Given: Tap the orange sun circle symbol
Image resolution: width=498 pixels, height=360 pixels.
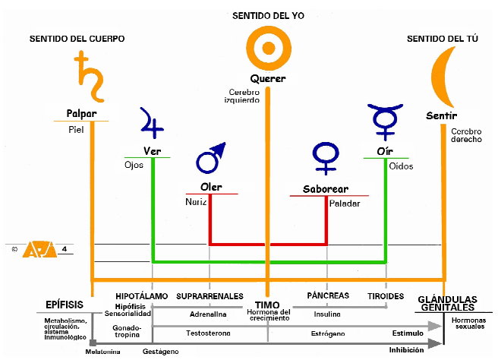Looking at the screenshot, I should coord(267,49).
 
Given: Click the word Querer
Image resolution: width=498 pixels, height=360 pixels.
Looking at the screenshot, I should coord(267,79).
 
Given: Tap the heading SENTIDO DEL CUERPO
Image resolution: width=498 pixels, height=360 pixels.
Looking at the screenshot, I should coord(77,39).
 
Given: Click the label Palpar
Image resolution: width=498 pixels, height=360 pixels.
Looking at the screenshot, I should coord(81,114).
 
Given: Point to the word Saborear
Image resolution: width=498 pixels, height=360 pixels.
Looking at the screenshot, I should coord(326,187).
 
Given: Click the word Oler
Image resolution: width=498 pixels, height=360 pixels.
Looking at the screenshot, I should coord(210,186).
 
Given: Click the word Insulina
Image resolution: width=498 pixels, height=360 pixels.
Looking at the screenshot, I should coord(328,314).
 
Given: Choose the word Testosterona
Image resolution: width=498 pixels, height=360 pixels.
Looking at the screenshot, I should coord(209,333).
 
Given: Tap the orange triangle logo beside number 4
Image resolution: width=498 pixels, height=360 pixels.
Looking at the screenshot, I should coord(35,248).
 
